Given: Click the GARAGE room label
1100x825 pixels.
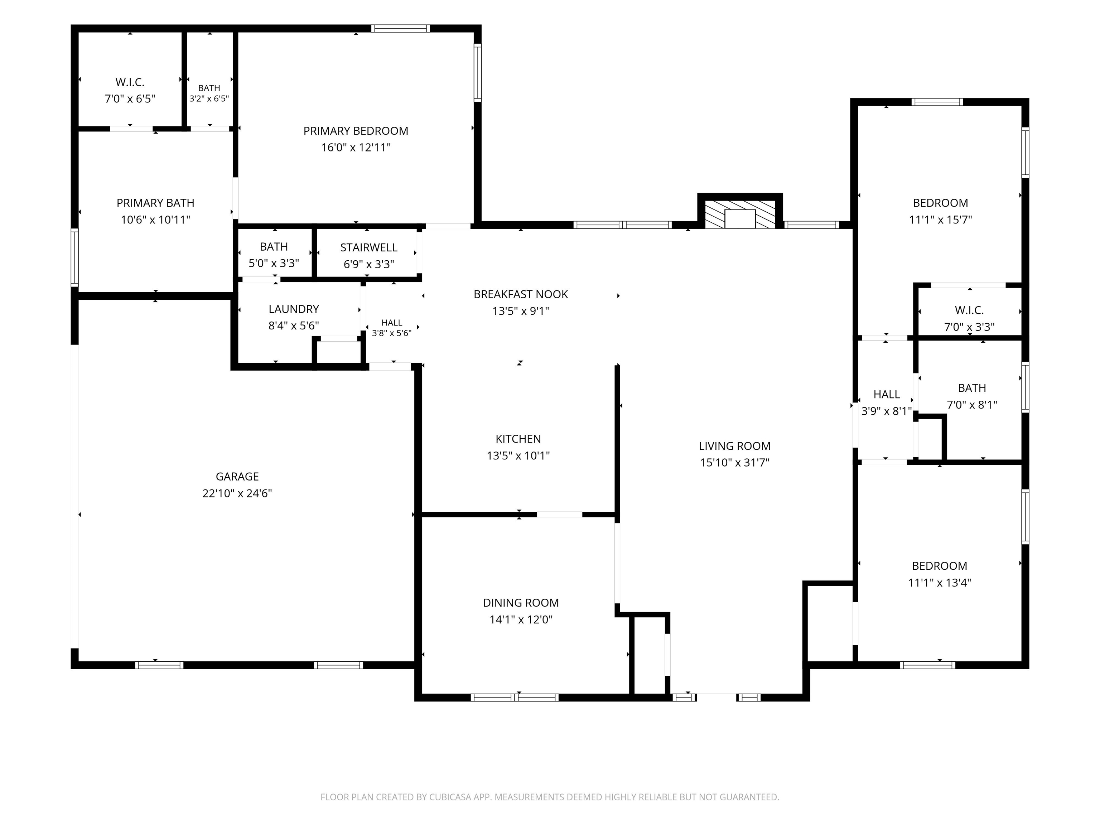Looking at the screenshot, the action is click(x=237, y=476).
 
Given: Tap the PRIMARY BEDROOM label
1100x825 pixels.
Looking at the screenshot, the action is click(x=356, y=131).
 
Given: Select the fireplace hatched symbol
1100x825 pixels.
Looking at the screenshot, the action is click(x=740, y=214).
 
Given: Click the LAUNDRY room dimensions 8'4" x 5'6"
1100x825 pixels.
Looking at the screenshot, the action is click(x=293, y=326).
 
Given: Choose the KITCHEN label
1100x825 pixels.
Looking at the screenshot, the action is click(x=518, y=439).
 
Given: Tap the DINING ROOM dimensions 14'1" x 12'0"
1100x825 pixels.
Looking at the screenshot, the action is click(x=521, y=619).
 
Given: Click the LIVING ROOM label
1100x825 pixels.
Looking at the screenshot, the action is click(x=734, y=446).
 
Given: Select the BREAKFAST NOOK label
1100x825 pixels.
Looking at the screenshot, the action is click(x=521, y=294).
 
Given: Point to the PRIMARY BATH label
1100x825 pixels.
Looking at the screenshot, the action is click(x=155, y=203).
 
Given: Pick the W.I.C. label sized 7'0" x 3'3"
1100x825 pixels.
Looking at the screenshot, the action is click(x=969, y=310).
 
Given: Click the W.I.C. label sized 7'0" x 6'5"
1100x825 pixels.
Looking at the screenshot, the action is click(x=130, y=82).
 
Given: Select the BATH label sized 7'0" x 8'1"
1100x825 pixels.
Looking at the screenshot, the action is click(x=972, y=388).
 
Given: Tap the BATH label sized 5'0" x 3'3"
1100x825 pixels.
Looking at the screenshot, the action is click(x=274, y=247).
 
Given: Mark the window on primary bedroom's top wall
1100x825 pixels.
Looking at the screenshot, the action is click(x=400, y=28).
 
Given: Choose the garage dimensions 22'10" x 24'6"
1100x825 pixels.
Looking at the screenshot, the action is click(x=237, y=493).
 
